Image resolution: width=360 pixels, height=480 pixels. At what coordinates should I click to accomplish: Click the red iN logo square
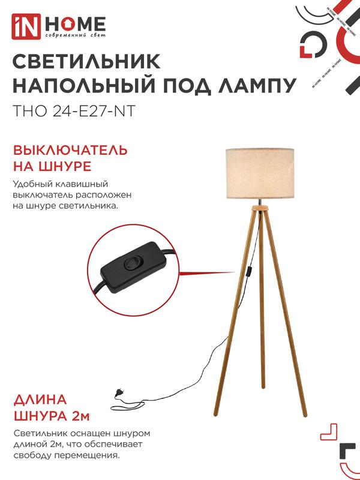26,26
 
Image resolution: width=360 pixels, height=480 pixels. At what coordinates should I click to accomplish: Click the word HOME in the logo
76,24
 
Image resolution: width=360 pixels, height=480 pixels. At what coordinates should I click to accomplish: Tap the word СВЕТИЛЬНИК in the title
86,62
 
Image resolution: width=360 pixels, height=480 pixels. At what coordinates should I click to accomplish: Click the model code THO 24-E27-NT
73,112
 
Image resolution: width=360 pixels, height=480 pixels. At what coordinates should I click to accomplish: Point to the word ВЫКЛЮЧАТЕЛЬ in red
70,151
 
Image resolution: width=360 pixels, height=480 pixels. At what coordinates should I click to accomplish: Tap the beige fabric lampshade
260,173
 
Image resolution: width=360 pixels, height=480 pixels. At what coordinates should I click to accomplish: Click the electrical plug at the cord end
118,392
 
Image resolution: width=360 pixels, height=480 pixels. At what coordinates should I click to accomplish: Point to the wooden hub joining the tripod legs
260,208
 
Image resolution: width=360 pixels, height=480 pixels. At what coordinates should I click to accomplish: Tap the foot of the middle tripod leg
263,386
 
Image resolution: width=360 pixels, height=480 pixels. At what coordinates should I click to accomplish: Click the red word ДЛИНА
40,400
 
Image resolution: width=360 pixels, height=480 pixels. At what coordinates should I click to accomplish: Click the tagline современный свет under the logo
76,35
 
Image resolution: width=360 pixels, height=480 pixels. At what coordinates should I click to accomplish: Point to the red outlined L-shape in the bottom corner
329,432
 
